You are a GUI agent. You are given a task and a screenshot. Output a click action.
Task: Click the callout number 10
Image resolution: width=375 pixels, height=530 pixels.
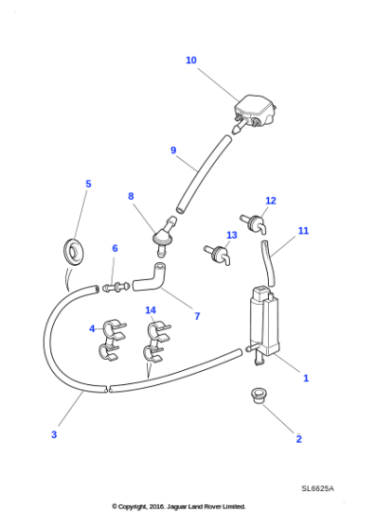tap(191, 61)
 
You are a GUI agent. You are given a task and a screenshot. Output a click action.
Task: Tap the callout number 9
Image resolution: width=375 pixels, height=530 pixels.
tap(173, 150)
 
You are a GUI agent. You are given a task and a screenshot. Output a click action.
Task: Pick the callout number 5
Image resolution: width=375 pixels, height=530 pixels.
tap(88, 185)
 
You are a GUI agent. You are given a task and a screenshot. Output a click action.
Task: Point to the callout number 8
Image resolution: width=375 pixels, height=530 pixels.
tap(131, 197)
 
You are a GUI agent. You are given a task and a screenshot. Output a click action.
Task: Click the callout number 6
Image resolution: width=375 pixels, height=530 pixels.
tap(115, 249)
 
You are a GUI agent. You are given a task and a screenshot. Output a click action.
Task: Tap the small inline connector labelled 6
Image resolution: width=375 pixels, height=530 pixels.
tap(114, 286)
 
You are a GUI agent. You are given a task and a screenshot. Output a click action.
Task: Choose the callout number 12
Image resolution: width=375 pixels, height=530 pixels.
tap(271, 201)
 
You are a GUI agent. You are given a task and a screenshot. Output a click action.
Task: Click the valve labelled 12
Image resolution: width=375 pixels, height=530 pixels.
tap(253, 224)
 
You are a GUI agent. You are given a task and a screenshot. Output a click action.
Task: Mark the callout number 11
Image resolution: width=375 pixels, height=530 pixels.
tap(303, 231)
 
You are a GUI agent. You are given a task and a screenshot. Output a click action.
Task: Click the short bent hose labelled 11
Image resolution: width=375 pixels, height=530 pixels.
tap(269, 262)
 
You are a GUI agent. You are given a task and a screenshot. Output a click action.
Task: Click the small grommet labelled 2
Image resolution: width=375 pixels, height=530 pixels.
tap(259, 395)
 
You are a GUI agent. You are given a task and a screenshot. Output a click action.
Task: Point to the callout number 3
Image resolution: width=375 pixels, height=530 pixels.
tap(54, 434)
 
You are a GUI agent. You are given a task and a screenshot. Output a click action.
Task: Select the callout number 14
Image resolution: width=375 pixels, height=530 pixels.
tap(151, 310)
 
